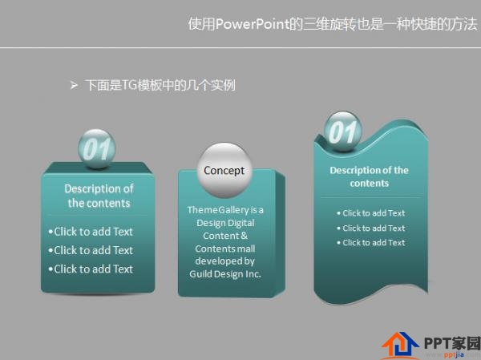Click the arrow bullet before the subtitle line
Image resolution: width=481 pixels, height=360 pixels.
pyautogui.click(x=74, y=84)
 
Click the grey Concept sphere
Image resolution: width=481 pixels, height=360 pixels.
pyautogui.click(x=224, y=171)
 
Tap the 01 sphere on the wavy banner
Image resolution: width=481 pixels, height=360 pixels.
pyautogui.click(x=344, y=131)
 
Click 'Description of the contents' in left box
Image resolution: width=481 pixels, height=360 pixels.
pyautogui.click(x=99, y=196)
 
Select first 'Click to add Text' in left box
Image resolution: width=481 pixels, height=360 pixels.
pyautogui.click(x=91, y=232)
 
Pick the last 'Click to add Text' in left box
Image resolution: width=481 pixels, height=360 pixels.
pyautogui.click(x=91, y=269)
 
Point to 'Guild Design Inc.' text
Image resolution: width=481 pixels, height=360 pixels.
pyautogui.click(x=225, y=273)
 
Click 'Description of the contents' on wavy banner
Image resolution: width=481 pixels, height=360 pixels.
pyautogui.click(x=369, y=176)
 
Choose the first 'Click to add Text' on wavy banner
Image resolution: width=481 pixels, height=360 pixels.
pyautogui.click(x=371, y=213)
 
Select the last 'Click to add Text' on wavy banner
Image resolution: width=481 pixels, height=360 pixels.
pyautogui.click(x=371, y=243)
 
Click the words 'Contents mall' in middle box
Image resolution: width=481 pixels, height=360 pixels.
pyautogui.click(x=225, y=249)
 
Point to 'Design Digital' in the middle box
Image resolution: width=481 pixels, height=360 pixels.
pyautogui.click(x=225, y=223)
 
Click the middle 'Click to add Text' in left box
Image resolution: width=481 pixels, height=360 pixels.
pyautogui.click(x=91, y=250)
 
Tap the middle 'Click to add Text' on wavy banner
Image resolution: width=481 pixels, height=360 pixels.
pyautogui.click(x=371, y=229)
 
